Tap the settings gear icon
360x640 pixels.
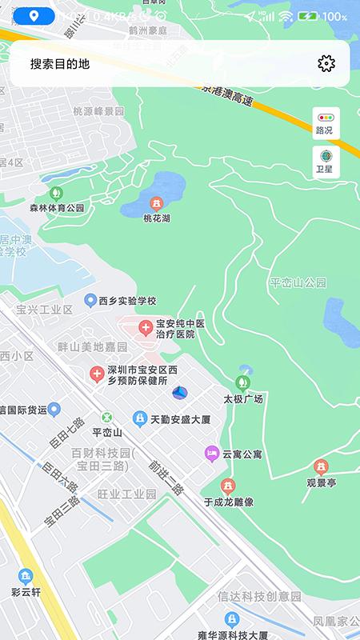click(x=326, y=64)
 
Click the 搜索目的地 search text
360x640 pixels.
click(x=60, y=65)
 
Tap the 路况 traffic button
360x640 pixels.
click(x=326, y=122)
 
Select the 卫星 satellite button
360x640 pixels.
click(x=326, y=162)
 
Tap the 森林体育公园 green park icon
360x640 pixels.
click(x=56, y=193)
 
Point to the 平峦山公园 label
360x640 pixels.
click(x=298, y=282)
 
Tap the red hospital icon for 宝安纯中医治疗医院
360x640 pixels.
click(x=146, y=327)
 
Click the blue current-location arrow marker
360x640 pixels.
click(x=181, y=392)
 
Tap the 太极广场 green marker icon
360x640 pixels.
click(x=243, y=383)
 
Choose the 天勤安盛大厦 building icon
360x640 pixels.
click(x=140, y=418)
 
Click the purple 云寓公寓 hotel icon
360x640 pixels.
click(x=211, y=454)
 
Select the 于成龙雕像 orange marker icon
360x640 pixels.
click(x=228, y=486)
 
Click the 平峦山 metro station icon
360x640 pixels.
click(x=106, y=418)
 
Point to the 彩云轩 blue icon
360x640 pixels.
click(x=26, y=576)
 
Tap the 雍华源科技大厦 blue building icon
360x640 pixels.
click(x=232, y=619)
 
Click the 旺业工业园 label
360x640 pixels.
click(x=126, y=494)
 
